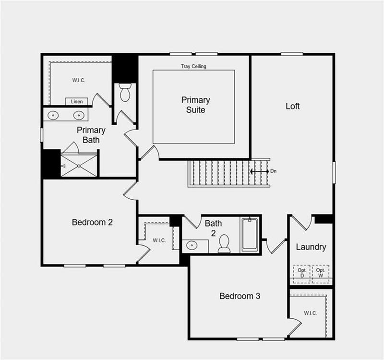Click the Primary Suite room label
pyautogui.click(x=195, y=105)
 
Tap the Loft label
pyautogui.click(x=292, y=106)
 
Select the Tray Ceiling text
pyautogui.click(x=193, y=66)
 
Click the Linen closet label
pyautogui.click(x=77, y=101)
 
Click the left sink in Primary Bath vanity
pyautogui.click(x=53, y=115)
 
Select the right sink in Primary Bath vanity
pyautogui.click(x=79, y=115)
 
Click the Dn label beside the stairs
pyautogui.click(x=273, y=171)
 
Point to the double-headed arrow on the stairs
pyautogui.click(x=259, y=171)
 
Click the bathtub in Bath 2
pyautogui.click(x=249, y=234)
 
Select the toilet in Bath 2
pyautogui.click(x=224, y=244)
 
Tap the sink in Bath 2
pyautogui.click(x=192, y=246)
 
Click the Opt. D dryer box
pyautogui.click(x=302, y=273)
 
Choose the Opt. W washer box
pyautogui.click(x=320, y=273)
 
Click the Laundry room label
pyautogui.click(x=311, y=247)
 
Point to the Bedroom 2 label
pyautogui.click(x=92, y=222)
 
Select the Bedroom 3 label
pyautogui.click(x=240, y=296)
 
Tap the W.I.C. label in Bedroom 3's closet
pyautogui.click(x=310, y=313)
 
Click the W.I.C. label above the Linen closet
pyautogui.click(x=79, y=80)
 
